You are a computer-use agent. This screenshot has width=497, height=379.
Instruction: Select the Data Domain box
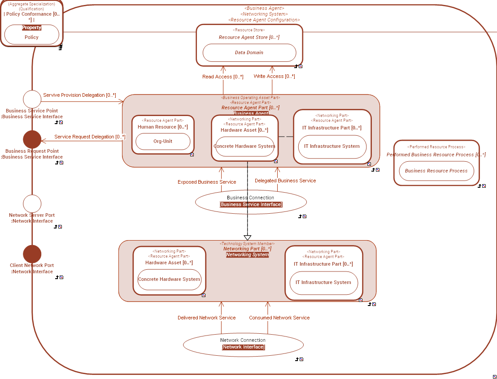249,52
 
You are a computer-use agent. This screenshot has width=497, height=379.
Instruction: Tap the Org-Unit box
162,142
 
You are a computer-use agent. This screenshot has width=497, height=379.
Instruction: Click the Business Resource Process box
436,171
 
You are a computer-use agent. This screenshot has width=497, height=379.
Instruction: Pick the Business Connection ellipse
251,202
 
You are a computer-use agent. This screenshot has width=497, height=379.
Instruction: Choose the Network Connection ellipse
243,344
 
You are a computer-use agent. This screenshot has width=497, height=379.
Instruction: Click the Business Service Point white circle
32,99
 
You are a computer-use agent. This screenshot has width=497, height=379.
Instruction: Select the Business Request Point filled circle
32,139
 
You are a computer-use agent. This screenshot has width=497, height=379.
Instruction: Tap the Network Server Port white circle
32,204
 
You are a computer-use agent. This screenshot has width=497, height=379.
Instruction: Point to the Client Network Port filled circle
32,254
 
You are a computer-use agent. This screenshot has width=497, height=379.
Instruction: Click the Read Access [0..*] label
222,77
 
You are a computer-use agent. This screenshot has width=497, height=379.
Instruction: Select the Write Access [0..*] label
274,77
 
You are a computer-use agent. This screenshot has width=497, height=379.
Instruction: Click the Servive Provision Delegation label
79,95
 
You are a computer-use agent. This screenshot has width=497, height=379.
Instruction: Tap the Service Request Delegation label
90,137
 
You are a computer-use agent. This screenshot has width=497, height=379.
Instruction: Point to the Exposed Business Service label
207,182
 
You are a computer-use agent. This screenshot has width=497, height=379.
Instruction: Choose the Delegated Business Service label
285,181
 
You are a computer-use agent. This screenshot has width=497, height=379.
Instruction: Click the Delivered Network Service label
206,318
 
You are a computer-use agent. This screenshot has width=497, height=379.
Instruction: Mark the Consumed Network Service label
279,318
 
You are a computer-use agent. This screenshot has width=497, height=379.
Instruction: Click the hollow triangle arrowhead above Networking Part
247,237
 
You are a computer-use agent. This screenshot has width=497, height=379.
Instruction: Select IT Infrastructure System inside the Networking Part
323,283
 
